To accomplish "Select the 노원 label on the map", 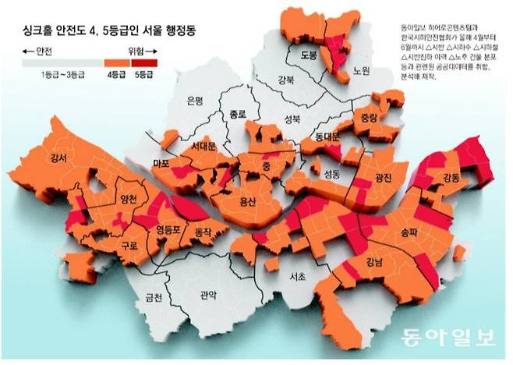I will pyautogui.click(x=359, y=69).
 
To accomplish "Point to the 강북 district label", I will pyautogui.click(x=287, y=79).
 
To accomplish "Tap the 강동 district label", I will pyautogui.click(x=451, y=178).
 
